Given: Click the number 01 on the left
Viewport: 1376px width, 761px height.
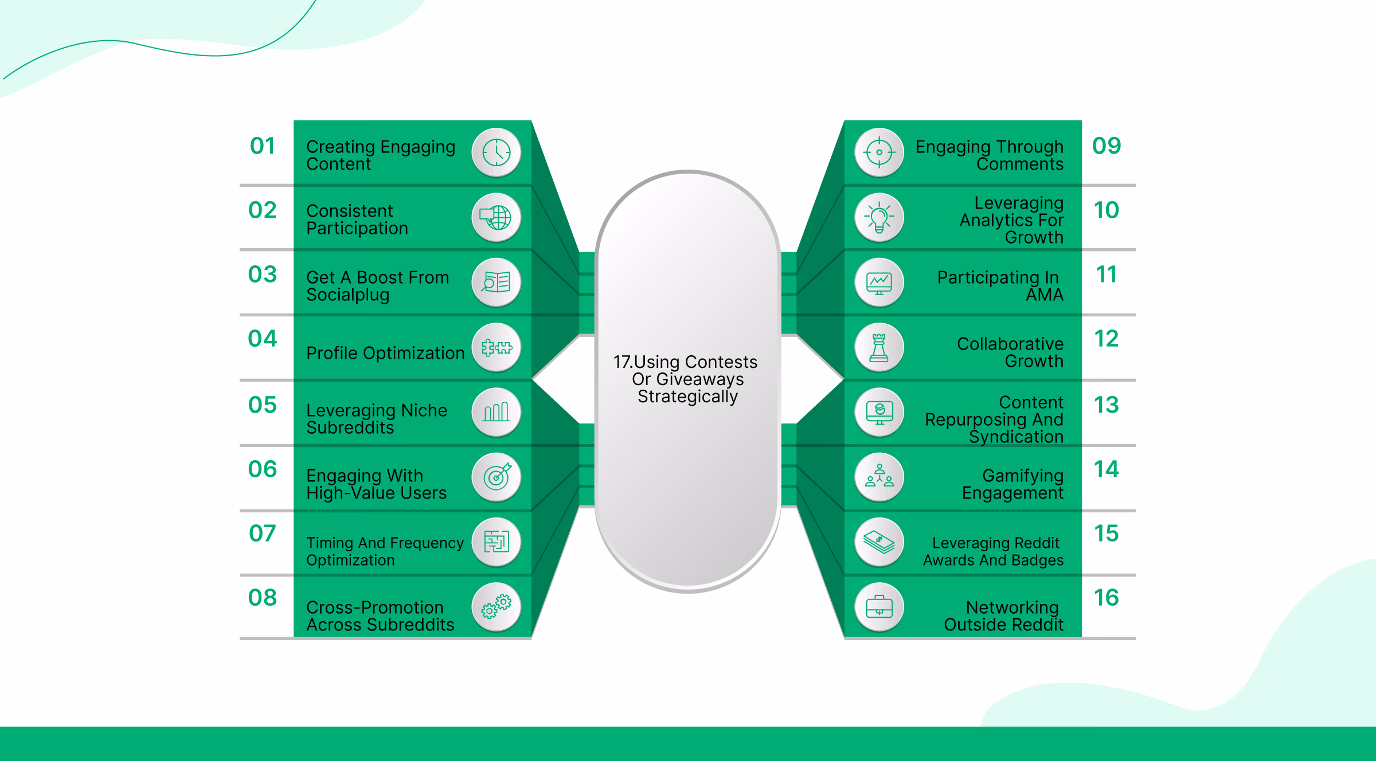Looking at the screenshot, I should pos(263,146).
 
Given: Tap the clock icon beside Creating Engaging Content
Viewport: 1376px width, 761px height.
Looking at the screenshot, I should pos(496,153).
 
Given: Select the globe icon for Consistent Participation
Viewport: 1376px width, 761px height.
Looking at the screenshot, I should pos(496,218).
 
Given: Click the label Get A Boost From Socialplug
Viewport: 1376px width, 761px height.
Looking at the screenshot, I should pos(377,285).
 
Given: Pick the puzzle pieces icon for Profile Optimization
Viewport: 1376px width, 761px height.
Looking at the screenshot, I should pos(496,347).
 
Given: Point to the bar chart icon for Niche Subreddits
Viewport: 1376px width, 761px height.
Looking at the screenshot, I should pos(496,412).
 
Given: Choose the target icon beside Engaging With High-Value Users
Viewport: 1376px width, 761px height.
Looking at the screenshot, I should pos(496,477).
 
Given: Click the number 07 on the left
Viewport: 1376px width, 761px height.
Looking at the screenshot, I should pos(263,534).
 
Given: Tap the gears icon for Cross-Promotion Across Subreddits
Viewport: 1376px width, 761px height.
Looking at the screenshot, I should pos(496,606).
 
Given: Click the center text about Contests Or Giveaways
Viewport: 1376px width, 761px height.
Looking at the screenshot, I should pos(686,379).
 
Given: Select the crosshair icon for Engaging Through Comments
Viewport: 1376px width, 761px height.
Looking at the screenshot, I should pos(879,153).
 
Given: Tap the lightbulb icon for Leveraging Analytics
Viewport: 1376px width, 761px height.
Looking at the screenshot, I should pos(879,218).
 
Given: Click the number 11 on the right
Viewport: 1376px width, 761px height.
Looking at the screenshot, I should pos(1107,274).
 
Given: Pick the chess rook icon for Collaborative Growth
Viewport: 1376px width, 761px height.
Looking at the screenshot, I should pos(879,347).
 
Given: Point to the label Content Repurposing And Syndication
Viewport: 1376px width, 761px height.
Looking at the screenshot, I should pos(994,419).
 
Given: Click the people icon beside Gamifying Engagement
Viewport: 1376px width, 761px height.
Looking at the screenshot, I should pos(879,477).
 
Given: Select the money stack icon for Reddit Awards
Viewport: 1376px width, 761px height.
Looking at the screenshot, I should pos(879,542).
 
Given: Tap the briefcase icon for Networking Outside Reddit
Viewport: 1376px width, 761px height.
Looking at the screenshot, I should pos(879,606).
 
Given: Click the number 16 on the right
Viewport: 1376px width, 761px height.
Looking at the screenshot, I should pos(1107,598).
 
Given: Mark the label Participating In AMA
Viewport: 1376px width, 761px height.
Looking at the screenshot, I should pos(1000,285).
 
